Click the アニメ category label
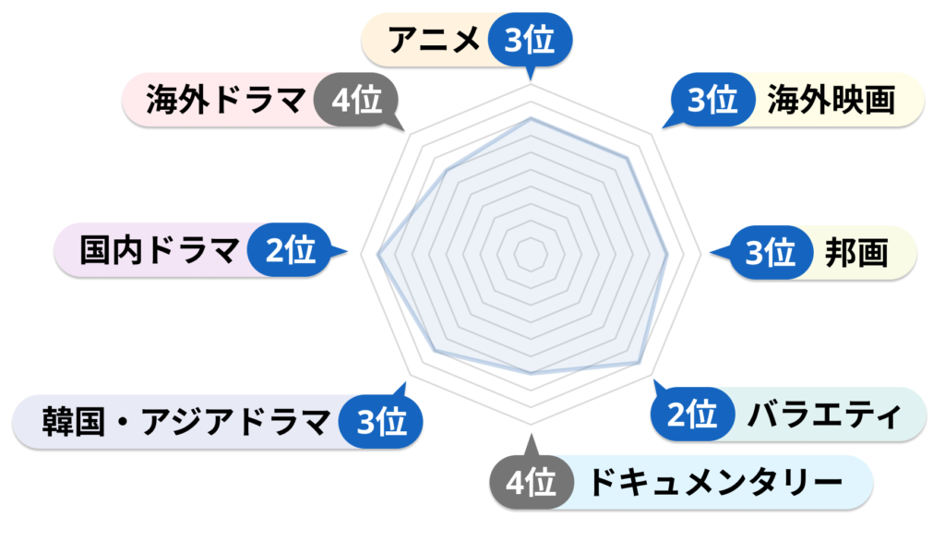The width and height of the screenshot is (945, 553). (x=434, y=40)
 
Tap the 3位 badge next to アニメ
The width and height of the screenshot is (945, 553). (x=530, y=40)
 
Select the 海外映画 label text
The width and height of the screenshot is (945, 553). (x=831, y=100)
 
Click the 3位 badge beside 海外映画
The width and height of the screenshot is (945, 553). (x=713, y=100)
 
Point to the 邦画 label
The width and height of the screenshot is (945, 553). (x=856, y=253)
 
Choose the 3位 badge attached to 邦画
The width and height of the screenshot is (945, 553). (x=771, y=253)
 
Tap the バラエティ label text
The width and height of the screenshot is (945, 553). (x=824, y=415)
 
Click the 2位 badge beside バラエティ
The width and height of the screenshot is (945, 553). (x=693, y=414)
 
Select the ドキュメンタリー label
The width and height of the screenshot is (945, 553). (x=715, y=483)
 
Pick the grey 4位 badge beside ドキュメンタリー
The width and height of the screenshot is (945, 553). (x=531, y=483)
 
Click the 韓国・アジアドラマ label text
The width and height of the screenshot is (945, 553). (x=186, y=422)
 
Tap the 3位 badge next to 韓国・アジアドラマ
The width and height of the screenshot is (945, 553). (x=381, y=421)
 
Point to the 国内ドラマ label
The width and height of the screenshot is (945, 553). (x=160, y=250)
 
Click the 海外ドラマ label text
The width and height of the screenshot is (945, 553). (x=226, y=100)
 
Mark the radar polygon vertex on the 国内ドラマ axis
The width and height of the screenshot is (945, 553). (x=377, y=255)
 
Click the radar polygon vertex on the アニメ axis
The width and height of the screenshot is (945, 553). (x=531, y=119)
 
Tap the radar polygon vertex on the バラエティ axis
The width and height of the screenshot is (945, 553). (x=639, y=363)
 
